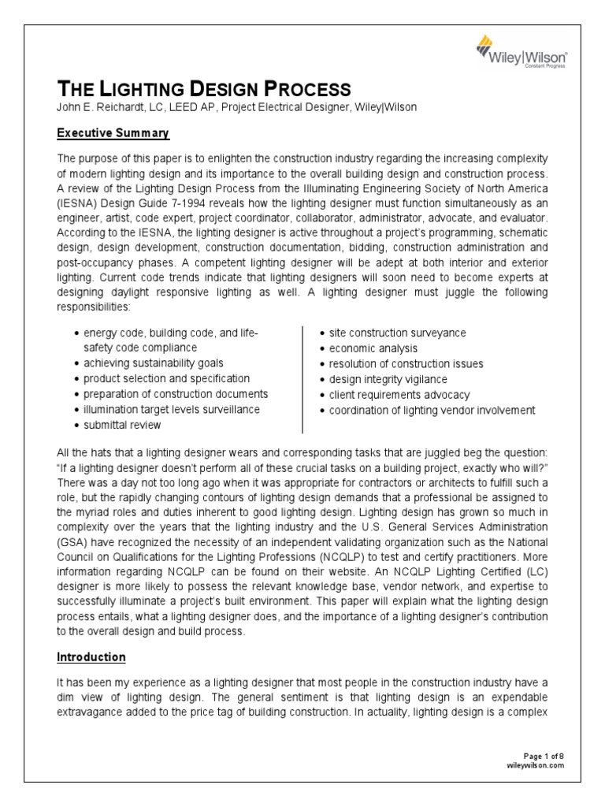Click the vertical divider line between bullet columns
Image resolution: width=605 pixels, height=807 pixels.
click(303, 378)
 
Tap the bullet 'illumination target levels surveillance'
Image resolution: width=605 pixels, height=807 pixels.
click(171, 410)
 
